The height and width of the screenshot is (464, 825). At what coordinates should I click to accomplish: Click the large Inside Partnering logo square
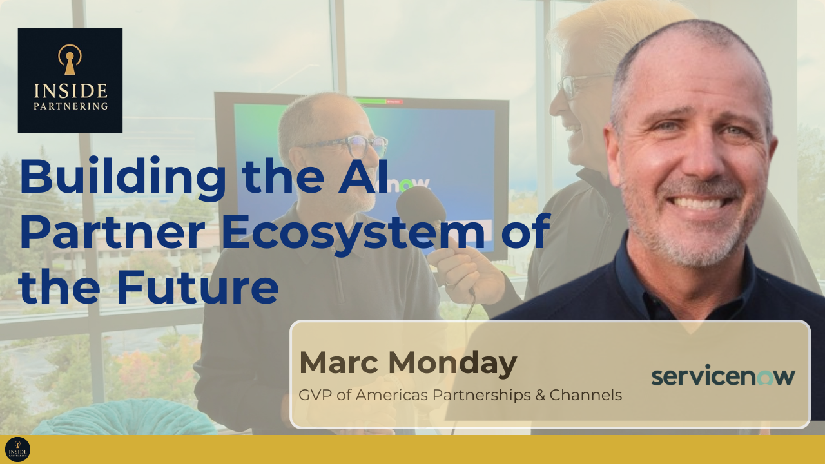pos(70,80)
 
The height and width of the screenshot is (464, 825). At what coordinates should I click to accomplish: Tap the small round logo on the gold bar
pos(17,449)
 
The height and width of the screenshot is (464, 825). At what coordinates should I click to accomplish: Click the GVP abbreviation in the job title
pos(314,395)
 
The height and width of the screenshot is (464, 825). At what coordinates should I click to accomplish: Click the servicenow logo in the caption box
pos(723,376)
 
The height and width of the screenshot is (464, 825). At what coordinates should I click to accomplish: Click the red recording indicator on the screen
pos(394,101)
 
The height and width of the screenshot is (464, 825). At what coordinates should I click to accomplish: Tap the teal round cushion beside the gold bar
pos(122,419)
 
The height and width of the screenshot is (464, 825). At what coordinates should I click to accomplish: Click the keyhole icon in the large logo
pos(70,59)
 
